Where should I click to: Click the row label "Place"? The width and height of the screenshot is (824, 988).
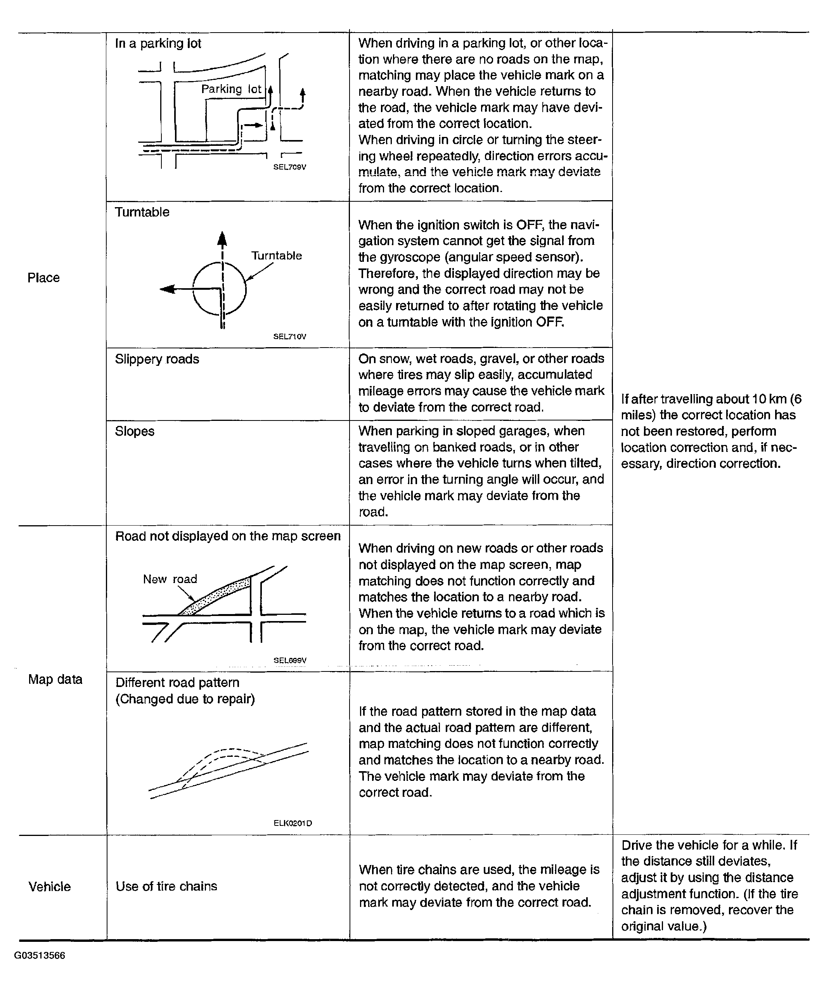click(43, 278)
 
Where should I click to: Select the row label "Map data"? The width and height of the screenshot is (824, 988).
click(55, 679)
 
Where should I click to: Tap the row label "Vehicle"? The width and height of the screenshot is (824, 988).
click(49, 886)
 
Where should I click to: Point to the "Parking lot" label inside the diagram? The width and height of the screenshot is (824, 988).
click(231, 89)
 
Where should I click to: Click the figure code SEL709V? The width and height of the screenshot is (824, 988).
click(289, 167)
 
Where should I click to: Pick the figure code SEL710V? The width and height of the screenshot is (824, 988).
click(289, 336)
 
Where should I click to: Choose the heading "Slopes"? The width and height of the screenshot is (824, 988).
click(135, 431)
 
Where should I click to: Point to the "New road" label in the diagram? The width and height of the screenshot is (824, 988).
click(170, 579)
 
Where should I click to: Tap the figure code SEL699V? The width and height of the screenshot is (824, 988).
click(290, 660)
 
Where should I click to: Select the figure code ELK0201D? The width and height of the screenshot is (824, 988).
click(292, 823)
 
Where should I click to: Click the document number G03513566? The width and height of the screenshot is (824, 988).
click(40, 955)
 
